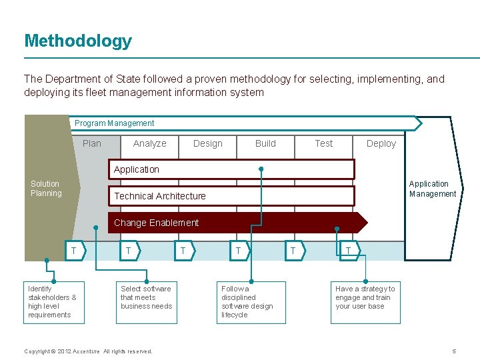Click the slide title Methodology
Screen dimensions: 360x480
pyautogui.click(x=78, y=41)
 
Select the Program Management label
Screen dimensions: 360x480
pyautogui.click(x=114, y=123)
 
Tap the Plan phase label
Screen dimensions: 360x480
pyautogui.click(x=92, y=143)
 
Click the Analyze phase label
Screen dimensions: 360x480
pyautogui.click(x=149, y=143)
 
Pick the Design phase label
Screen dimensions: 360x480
pyautogui.click(x=207, y=143)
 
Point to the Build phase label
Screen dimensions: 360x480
pyautogui.click(x=265, y=143)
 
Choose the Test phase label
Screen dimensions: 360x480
pyautogui.click(x=323, y=143)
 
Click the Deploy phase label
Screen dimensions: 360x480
pyautogui.click(x=381, y=143)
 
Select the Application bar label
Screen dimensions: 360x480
pyautogui.click(x=137, y=169)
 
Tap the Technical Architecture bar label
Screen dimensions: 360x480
pyautogui.click(x=160, y=196)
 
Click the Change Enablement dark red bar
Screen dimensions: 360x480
pyautogui.click(x=233, y=223)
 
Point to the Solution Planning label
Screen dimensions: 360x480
pyautogui.click(x=45, y=189)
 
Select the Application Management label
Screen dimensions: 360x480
pyautogui.click(x=432, y=189)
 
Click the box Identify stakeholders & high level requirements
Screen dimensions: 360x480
pyautogui.click(x=54, y=302)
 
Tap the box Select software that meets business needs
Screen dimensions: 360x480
pyautogui.click(x=147, y=302)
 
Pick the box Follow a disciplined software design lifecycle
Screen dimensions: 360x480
pyautogui.click(x=252, y=302)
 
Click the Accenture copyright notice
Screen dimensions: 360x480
pyautogui.click(x=88, y=351)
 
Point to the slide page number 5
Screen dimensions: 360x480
pyautogui.click(x=453, y=351)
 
